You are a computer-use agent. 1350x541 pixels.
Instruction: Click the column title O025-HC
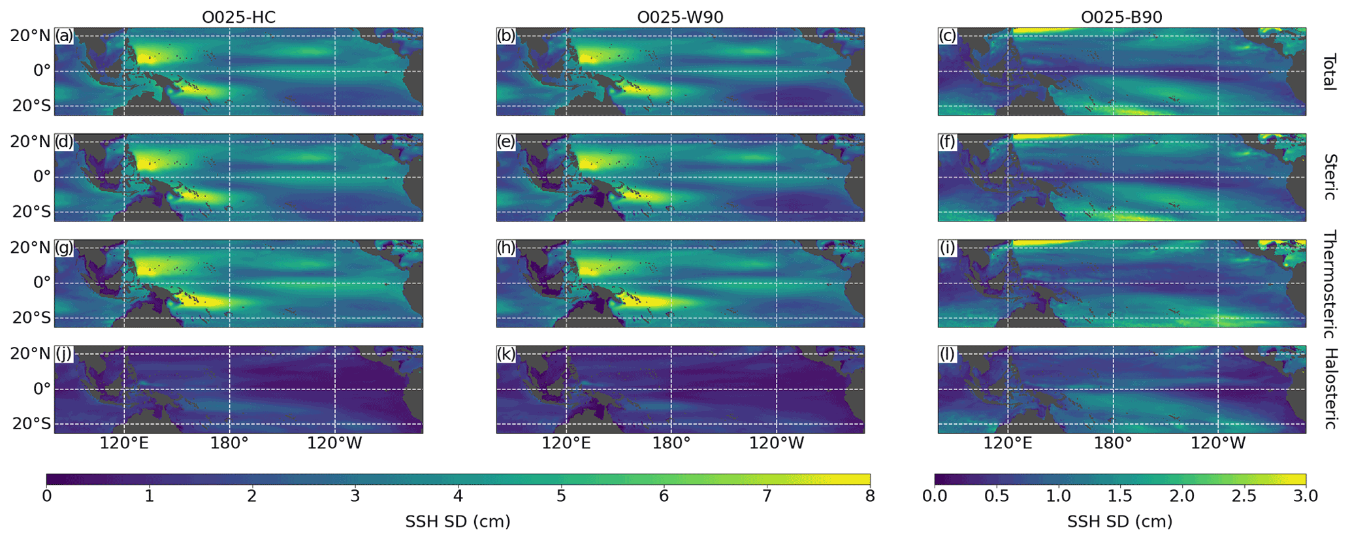click(238, 17)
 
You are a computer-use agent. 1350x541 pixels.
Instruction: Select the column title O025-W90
click(680, 17)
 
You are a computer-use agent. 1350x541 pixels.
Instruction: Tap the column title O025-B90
click(1121, 17)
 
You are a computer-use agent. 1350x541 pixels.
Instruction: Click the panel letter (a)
click(64, 36)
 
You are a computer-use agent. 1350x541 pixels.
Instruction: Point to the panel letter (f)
click(947, 142)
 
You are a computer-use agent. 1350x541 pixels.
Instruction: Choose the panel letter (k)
click(506, 354)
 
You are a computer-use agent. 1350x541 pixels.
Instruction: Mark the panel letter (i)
click(947, 248)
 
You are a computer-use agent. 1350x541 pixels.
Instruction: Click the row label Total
click(1328, 72)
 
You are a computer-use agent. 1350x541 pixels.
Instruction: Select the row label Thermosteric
click(1328, 284)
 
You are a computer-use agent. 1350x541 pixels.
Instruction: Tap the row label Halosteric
click(1328, 389)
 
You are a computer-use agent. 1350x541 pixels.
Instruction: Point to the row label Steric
click(1328, 177)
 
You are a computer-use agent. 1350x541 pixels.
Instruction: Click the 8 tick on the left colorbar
click(870, 496)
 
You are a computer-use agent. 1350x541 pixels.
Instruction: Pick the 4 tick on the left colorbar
click(458, 496)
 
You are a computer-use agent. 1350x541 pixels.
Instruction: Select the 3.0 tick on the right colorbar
click(1305, 496)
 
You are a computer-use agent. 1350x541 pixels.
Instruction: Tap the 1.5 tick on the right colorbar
click(1119, 496)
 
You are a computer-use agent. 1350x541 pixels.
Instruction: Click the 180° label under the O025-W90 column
click(671, 443)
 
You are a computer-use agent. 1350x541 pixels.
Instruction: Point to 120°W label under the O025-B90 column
click(1218, 443)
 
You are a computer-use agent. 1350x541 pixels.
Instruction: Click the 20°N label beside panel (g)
click(30, 248)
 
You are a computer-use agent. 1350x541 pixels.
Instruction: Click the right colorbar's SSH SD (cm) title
click(1119, 521)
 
